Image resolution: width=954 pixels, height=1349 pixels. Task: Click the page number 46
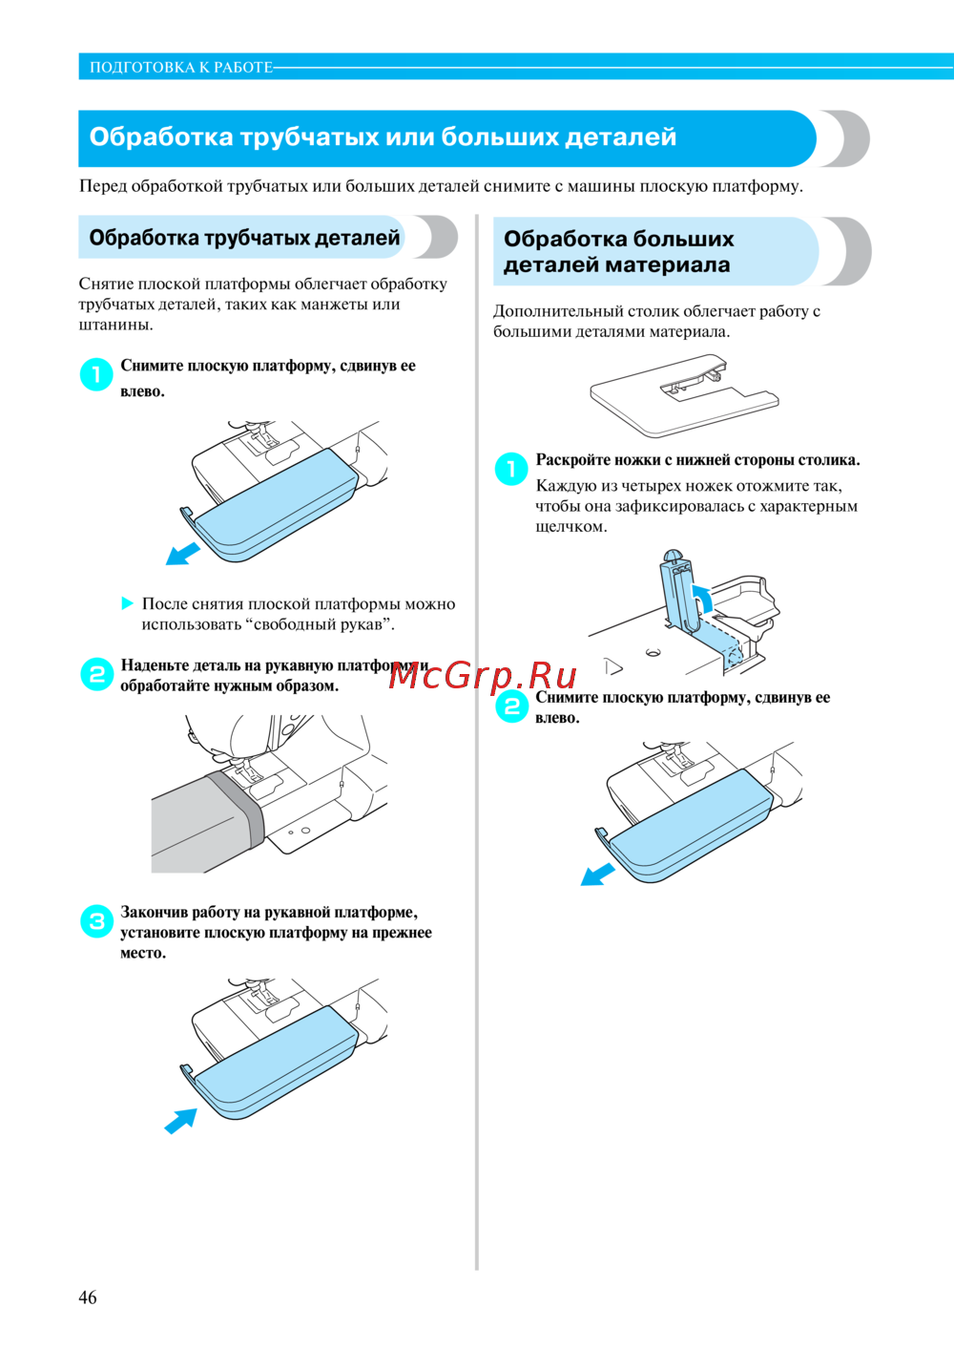(x=87, y=1297)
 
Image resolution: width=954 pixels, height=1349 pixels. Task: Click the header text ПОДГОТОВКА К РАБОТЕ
(x=181, y=68)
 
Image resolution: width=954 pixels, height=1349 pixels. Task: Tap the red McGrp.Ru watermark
(x=482, y=676)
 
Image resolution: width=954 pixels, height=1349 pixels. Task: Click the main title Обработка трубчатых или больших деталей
(x=383, y=137)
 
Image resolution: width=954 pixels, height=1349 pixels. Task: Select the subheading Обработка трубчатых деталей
(x=244, y=238)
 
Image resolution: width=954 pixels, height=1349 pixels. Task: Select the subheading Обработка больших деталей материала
(x=619, y=252)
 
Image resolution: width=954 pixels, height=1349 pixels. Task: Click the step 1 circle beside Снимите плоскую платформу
(x=96, y=374)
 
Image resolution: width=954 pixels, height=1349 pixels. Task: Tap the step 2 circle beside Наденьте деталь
(x=97, y=674)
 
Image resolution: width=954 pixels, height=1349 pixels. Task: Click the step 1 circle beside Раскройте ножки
(x=511, y=469)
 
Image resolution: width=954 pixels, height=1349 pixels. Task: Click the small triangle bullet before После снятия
(x=127, y=602)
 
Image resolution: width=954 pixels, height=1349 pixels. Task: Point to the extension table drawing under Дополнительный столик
(x=684, y=395)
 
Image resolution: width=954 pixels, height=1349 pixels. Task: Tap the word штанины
(x=115, y=326)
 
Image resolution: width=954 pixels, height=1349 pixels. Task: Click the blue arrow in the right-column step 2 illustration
(x=597, y=875)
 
